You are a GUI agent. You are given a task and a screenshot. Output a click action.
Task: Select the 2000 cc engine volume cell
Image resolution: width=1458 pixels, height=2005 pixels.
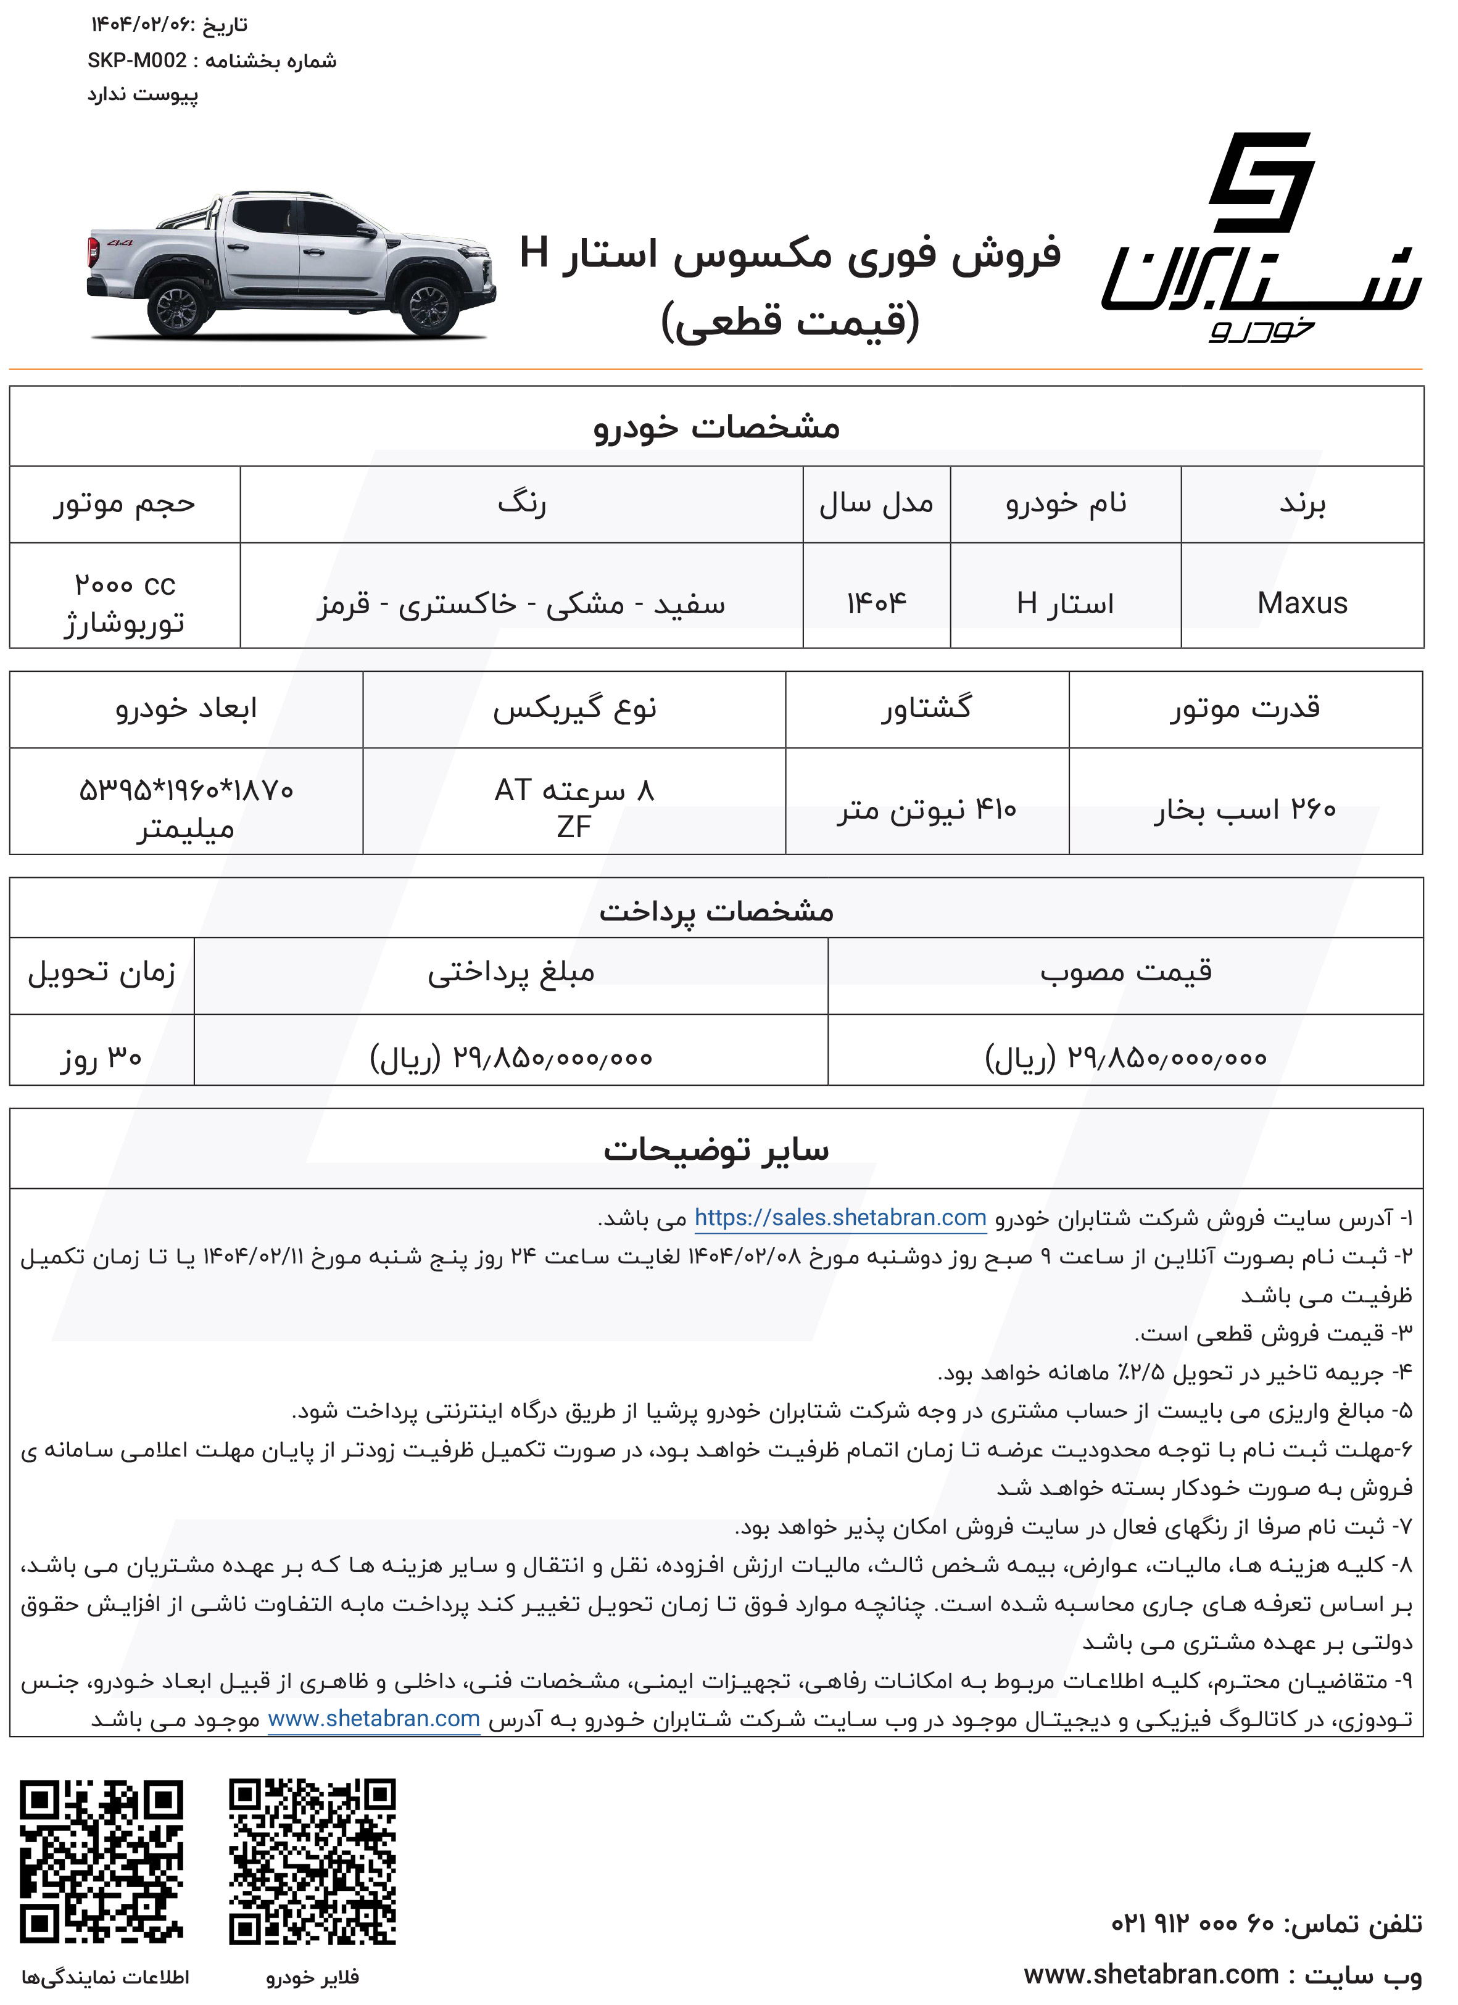pyautogui.click(x=125, y=603)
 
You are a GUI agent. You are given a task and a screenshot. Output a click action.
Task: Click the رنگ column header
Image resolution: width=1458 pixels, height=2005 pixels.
pyautogui.click(x=521, y=504)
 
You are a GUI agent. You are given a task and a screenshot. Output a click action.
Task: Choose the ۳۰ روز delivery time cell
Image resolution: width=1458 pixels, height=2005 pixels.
pyautogui.click(x=102, y=1057)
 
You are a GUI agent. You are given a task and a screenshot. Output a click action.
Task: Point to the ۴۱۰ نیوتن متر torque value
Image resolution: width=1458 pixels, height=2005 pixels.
pyautogui.click(x=927, y=809)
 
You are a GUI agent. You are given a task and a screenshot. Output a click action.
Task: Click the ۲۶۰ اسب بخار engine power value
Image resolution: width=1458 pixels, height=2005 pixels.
pyautogui.click(x=1245, y=809)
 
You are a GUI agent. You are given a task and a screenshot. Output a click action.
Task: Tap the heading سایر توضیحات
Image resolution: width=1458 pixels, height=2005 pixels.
pyautogui.click(x=716, y=1149)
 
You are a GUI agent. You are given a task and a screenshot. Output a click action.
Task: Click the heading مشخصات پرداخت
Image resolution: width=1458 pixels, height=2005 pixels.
pyautogui.click(x=716, y=911)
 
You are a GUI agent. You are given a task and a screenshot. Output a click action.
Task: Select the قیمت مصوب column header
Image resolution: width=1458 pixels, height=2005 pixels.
pyautogui.click(x=1125, y=972)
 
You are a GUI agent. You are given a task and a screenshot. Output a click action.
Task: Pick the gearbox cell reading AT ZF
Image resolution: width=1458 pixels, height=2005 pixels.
pyautogui.click(x=574, y=807)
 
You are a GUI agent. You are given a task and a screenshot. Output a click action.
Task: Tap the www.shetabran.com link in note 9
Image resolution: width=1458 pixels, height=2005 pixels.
pyautogui.click(x=374, y=1719)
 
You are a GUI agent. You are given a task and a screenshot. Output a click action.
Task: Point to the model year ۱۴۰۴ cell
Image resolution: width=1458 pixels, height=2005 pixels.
pyautogui.click(x=876, y=603)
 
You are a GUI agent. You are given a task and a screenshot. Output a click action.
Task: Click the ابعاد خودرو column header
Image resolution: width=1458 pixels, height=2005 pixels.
pyautogui.click(x=186, y=708)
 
